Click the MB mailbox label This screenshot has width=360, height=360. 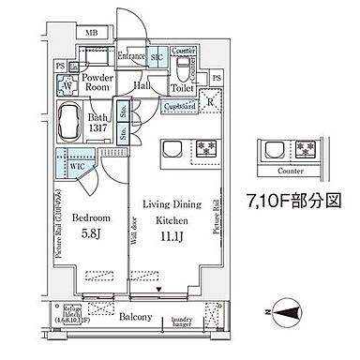pyautogui.click(x=90, y=35)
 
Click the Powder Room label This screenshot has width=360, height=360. pyautogui.click(x=97, y=84)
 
